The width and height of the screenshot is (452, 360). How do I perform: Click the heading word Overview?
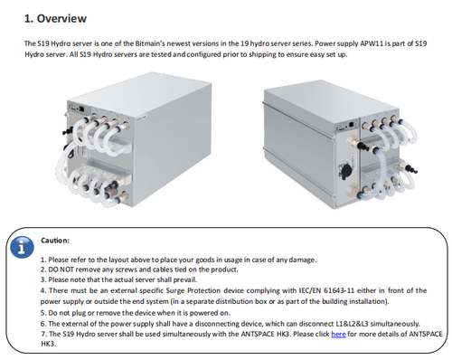[61, 19]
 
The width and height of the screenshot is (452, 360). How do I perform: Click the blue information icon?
[22, 247]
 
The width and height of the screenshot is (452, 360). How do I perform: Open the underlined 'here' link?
[338, 334]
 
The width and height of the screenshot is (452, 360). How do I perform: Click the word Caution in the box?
[54, 241]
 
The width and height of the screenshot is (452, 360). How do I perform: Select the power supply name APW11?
[372, 43]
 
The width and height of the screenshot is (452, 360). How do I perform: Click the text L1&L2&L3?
[352, 324]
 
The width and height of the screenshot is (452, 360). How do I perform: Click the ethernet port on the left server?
[81, 109]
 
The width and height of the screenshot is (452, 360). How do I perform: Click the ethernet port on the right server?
[352, 124]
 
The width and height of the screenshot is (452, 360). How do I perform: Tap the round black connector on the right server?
[345, 170]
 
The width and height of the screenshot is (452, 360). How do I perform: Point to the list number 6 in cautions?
[43, 324]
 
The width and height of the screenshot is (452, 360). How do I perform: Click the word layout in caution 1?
[118, 260]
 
